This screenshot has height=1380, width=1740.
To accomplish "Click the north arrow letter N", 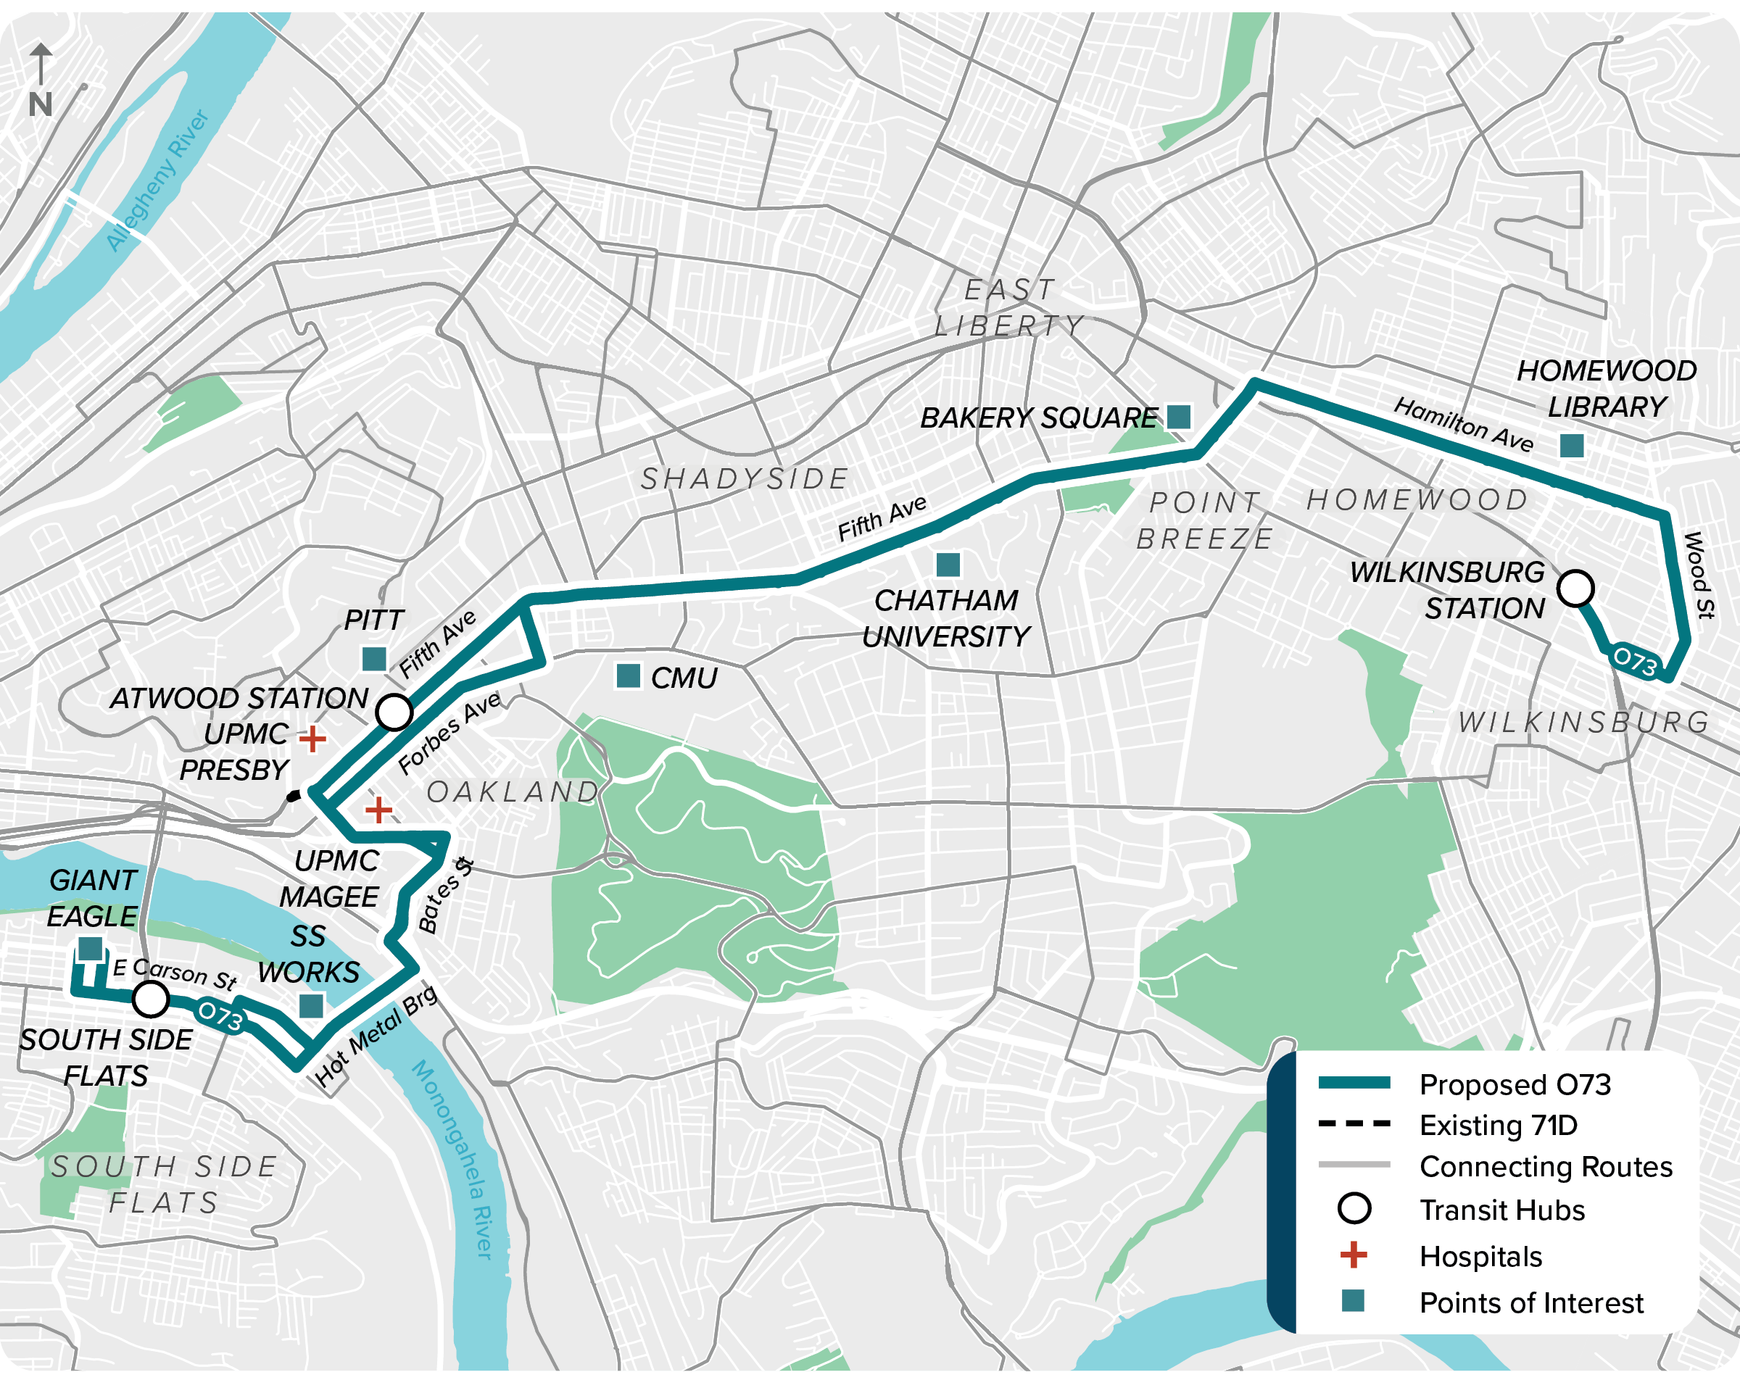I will (x=41, y=104).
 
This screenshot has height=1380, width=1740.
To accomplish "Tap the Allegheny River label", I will (x=158, y=180).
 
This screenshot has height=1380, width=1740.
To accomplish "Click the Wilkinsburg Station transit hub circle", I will (x=1575, y=589).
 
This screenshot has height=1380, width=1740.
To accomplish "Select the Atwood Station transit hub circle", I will (x=394, y=712).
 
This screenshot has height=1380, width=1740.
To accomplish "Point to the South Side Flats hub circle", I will (x=150, y=999).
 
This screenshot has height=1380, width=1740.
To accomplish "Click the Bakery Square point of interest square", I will (x=1178, y=417).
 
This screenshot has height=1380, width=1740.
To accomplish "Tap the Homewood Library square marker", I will (x=1571, y=446).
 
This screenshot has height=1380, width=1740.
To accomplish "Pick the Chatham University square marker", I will (x=948, y=564).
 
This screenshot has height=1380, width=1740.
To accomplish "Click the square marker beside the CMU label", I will (x=628, y=676).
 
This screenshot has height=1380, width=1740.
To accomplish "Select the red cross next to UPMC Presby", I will (x=312, y=738).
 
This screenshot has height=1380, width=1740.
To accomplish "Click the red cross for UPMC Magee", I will (x=378, y=810).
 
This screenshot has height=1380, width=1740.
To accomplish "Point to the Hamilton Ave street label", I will (x=1463, y=425).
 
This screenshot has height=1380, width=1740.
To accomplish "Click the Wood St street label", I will (x=1698, y=575).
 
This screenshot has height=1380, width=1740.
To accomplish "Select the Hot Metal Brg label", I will (x=376, y=1036).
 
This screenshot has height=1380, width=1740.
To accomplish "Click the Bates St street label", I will (x=444, y=896).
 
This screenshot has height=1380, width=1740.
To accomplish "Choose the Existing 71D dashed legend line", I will (x=1354, y=1123).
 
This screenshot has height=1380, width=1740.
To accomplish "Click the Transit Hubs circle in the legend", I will (x=1354, y=1208).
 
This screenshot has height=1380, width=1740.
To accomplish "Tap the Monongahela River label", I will (x=455, y=1159).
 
